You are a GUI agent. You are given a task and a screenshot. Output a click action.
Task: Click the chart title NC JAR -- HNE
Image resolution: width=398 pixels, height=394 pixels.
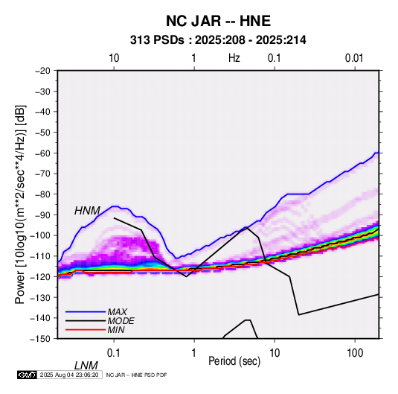pos(218,21)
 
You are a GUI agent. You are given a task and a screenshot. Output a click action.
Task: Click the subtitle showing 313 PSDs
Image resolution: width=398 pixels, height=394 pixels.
pos(218,40)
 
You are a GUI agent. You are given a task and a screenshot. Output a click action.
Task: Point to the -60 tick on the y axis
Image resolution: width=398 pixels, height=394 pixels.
pos(42,153)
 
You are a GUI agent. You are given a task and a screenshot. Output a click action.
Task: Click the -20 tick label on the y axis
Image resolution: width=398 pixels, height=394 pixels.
pos(42,71)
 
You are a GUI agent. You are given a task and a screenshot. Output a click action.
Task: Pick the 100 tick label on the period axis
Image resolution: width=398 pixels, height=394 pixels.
pos(355,353)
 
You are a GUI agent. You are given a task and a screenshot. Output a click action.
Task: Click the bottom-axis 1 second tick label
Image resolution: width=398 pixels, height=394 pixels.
pos(194,353)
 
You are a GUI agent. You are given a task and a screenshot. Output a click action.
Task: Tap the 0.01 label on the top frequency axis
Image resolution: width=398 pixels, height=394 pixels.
pos(354,58)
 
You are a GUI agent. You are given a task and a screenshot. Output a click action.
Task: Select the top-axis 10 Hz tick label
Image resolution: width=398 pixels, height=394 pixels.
pos(114,58)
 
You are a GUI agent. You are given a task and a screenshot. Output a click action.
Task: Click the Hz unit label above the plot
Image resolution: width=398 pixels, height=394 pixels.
pos(234,58)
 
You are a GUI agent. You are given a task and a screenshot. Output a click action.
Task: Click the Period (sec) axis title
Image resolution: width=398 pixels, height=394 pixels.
pos(234,361)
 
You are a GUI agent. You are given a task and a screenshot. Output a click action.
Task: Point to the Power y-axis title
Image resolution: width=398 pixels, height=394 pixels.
pos(20,204)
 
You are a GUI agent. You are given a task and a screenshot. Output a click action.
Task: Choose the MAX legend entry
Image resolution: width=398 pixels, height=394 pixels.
pos(117,312)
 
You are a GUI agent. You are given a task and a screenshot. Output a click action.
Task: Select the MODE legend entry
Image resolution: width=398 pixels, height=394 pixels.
pos(121,321)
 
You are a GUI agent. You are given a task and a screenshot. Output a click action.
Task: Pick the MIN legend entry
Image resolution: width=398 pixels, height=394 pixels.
pos(116,330)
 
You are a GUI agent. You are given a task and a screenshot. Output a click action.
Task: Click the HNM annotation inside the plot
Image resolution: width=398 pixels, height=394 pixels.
pos(87,211)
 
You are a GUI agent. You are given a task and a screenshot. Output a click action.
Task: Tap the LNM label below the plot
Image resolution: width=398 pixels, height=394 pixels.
pos(86,366)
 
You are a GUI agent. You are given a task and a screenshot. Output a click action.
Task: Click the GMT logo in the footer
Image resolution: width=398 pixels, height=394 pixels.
pos(28,375)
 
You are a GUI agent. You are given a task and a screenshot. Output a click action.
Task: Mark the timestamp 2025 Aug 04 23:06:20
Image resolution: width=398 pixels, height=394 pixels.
pos(69,375)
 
